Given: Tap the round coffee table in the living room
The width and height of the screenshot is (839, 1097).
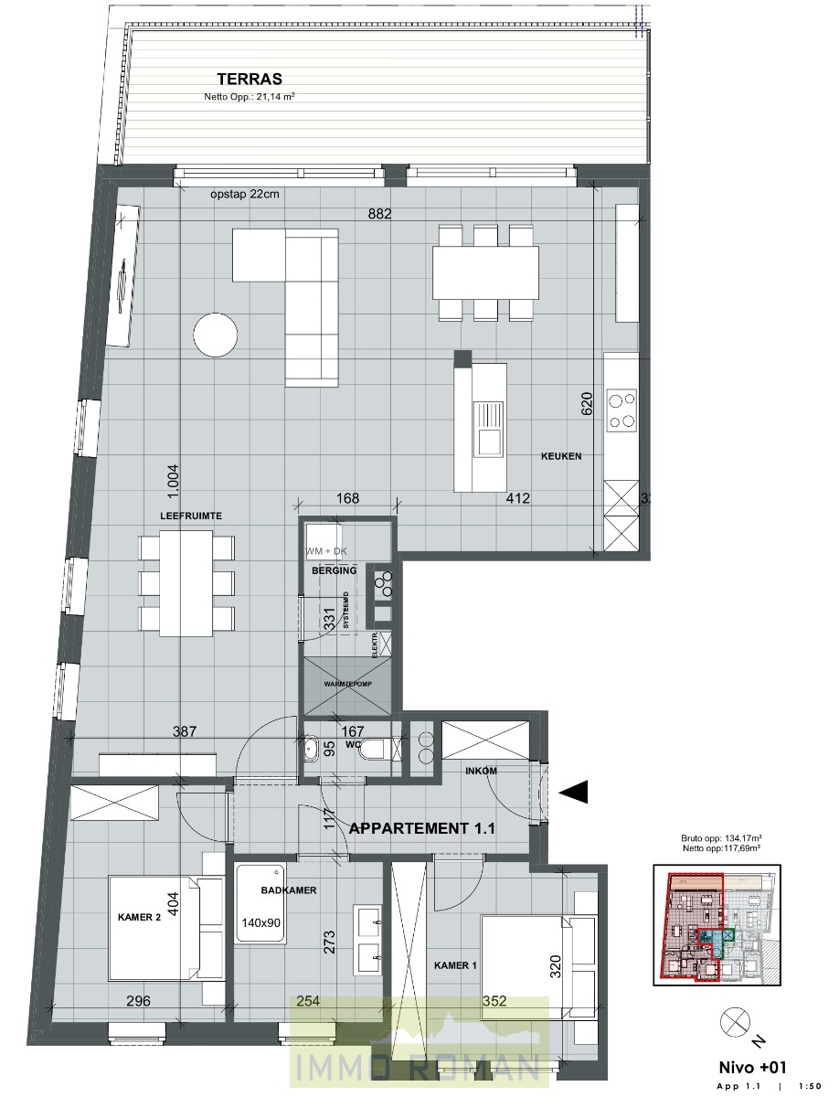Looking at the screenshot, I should point(218,335).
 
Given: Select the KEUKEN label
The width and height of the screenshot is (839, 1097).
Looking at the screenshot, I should point(560,455).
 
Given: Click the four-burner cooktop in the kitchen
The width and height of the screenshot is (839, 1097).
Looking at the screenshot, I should point(622,410).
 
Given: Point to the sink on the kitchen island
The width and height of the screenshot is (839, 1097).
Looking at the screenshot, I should point(487,429).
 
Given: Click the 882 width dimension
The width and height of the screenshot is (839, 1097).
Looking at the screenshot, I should point(379,215).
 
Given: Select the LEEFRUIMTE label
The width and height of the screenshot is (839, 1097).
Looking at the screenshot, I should point(191,517).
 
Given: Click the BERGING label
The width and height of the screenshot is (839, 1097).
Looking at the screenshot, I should point(334,570).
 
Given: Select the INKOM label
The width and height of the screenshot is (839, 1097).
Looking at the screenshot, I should point(481,771).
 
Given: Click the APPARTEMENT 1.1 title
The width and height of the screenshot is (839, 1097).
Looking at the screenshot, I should point(422,829).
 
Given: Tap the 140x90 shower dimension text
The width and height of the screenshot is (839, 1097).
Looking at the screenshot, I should point(261,922).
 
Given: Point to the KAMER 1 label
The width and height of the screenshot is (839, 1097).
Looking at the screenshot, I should point(453,965).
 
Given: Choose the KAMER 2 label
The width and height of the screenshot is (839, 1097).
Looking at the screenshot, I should point(139,918).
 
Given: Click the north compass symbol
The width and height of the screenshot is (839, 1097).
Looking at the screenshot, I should point(733,1018).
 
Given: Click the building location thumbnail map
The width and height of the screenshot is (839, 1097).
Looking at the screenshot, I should point(717,924).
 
